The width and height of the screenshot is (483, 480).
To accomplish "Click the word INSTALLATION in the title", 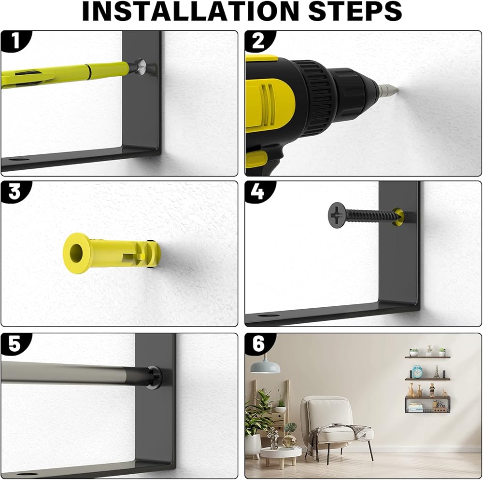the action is click(190, 11).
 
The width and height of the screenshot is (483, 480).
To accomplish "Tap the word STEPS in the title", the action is click(355, 11).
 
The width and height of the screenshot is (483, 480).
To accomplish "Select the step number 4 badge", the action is click(258, 192).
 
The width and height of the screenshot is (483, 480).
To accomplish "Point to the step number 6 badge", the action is click(258, 343).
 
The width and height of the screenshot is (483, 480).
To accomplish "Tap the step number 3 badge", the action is click(14, 192).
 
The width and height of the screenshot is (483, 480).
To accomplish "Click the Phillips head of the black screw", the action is click(337, 215).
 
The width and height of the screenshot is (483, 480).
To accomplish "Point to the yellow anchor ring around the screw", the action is click(398, 216).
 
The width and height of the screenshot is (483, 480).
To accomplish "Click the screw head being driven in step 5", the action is click(156, 377).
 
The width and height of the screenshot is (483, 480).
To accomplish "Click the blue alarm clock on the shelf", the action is click(417, 371).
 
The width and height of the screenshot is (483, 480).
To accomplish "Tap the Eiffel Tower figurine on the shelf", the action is click(437, 371).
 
